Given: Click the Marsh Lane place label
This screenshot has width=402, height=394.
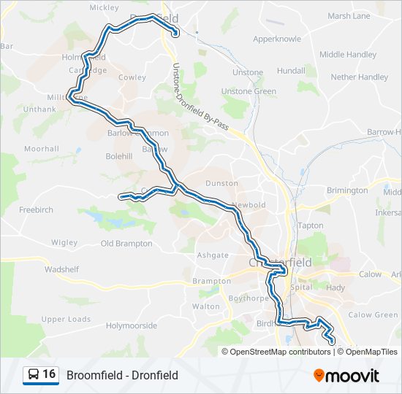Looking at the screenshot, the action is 349,15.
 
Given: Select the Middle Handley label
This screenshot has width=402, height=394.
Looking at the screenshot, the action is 348,54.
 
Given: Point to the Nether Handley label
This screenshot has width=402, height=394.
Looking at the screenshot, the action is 360,77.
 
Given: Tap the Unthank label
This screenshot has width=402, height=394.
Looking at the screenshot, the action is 39,109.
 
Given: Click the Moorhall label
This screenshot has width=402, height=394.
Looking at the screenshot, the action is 41,149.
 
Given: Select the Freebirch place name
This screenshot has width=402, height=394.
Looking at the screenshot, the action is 36,209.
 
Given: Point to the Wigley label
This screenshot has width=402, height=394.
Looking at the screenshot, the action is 64,242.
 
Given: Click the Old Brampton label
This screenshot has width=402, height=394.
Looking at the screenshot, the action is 126,243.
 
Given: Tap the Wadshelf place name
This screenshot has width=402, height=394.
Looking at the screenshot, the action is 61,269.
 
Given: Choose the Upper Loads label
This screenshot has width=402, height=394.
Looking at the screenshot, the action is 66,319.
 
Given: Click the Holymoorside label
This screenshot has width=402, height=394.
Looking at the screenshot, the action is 132,325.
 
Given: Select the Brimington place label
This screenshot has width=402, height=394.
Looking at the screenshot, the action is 347,190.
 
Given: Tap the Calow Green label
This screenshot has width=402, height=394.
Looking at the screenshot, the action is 373,314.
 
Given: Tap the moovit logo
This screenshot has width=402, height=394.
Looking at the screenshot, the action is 346,376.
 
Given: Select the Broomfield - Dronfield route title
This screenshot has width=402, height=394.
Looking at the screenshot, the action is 122,375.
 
